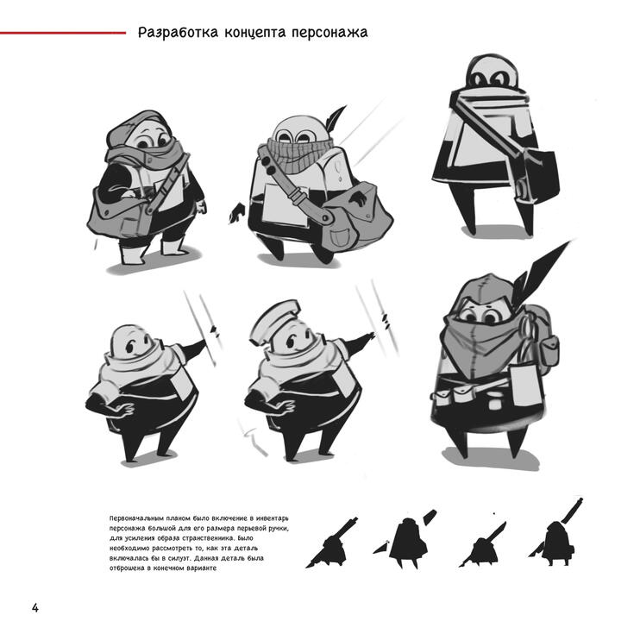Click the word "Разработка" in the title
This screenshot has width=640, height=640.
pos(178,33)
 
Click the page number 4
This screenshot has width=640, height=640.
pos(35,608)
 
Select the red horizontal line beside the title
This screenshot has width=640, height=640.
pos(63,33)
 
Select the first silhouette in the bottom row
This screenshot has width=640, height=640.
pos(332,543)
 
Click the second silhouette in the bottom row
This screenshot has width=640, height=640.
pos(405,539)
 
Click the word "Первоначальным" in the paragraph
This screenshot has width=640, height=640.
pos(137,518)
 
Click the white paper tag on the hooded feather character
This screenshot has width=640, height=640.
pos(526,386)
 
